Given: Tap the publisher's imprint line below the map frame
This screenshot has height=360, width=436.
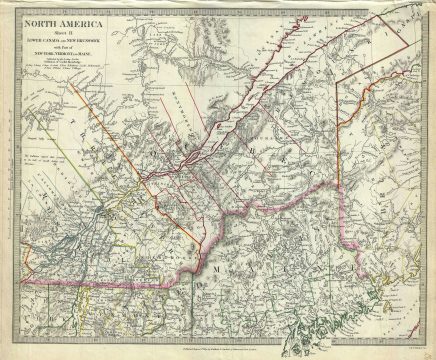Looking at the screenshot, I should click(x=218, y=351).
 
